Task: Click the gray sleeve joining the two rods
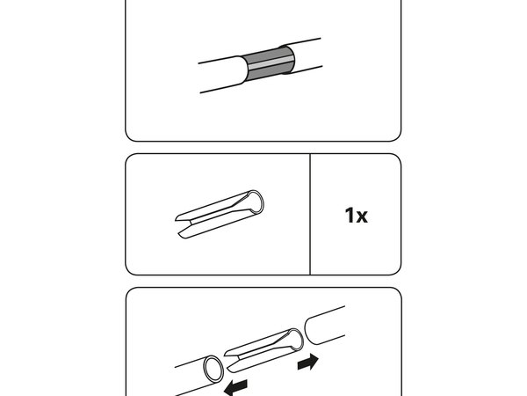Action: tap(269, 64)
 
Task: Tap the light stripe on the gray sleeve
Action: tap(271, 63)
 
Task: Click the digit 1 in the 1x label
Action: tap(350, 216)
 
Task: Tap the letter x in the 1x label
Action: tap(361, 216)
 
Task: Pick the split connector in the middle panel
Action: tap(220, 215)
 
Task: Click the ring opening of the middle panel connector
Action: tap(256, 202)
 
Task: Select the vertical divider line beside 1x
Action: tap(310, 215)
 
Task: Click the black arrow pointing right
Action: tap(308, 362)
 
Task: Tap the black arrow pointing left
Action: tap(236, 387)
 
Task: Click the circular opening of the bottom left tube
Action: tap(213, 369)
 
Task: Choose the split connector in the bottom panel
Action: tap(263, 350)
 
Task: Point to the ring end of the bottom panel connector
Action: tap(296, 340)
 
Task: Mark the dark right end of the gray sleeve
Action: tap(289, 60)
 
